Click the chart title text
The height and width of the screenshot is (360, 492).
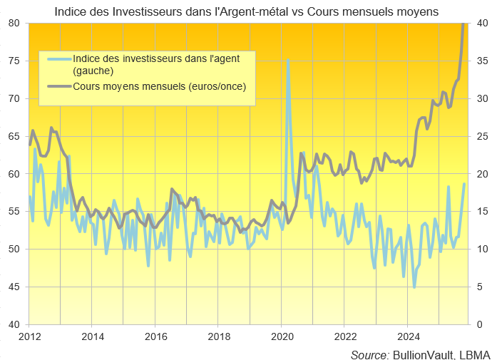pos(246,10)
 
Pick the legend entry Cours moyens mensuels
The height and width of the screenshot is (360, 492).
pos(159,87)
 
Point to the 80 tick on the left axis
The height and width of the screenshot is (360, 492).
pos(14,23)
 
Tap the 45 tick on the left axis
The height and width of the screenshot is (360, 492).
pos(14,287)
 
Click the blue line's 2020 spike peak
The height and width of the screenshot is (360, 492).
pos(288,61)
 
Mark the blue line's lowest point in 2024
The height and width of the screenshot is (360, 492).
pos(414,287)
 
